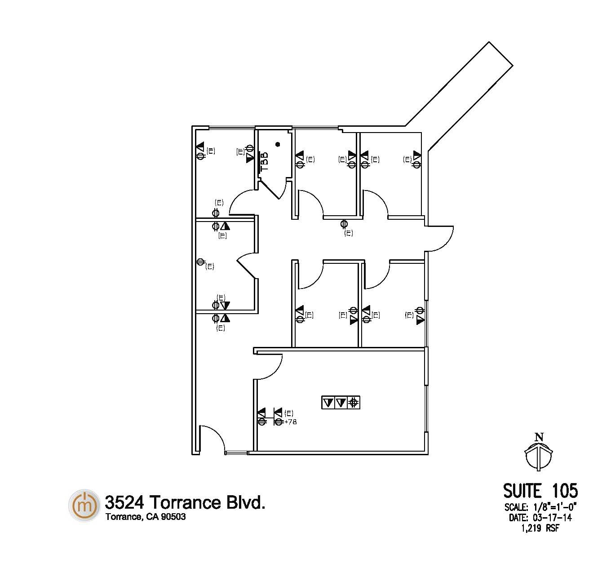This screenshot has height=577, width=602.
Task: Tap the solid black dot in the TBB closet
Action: pyautogui.click(x=278, y=144)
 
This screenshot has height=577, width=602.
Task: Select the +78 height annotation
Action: pyautogui.click(x=290, y=422)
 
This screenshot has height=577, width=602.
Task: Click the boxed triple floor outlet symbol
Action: pyautogui.click(x=341, y=403)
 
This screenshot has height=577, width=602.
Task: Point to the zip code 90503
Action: pyautogui.click(x=173, y=517)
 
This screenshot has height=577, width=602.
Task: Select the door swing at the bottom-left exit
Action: pyautogui.click(x=217, y=434)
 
